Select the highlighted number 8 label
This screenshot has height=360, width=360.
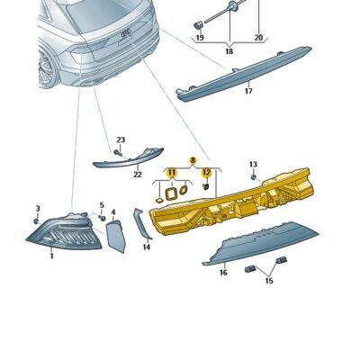[x=192, y=159]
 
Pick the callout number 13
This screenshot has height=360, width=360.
[x=253, y=165]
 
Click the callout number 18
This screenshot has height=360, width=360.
[x=228, y=53]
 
